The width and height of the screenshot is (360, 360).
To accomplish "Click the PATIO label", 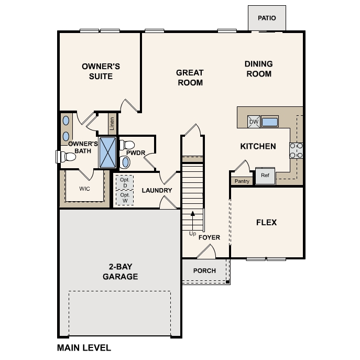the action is coord(267,18).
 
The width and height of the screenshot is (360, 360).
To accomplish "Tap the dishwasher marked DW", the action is coord(254,122).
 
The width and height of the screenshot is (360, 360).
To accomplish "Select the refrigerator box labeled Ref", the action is coord(265,176).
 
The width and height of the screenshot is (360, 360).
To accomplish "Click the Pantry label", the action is coord(242,181).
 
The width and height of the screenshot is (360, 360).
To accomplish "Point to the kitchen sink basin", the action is coord(269,122).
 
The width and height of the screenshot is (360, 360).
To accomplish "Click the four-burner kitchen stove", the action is coord(296,150).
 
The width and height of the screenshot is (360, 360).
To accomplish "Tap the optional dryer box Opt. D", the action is coord(125,182).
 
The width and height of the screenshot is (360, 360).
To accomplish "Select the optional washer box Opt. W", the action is coord(125,198).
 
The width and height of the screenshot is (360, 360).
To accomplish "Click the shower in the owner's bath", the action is coord(107,152).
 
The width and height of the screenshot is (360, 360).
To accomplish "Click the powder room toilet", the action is coord(127,145).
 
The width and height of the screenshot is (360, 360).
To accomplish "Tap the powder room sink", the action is coord(125,162).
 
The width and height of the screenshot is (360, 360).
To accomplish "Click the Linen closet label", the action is coord(112,124).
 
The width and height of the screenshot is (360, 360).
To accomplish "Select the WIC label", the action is coord(84,189).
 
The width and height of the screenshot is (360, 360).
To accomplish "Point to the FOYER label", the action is coord(209,237).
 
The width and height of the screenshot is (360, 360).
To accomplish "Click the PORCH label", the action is coord(204,271).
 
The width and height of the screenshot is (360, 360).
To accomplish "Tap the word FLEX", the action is coord(267,223).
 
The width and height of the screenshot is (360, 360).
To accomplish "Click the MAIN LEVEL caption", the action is coord(84,348).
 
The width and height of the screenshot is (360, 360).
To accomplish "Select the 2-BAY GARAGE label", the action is coord(121,271).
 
